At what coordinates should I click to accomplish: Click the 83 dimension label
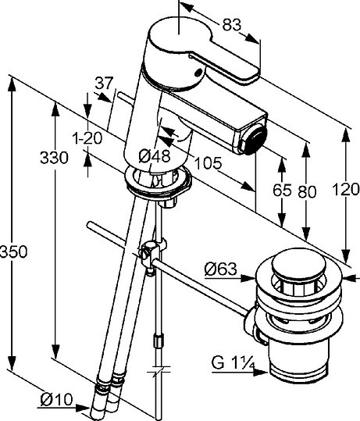(232, 25)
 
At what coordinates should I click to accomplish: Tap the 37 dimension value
(105, 83)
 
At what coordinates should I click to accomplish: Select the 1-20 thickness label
(87, 138)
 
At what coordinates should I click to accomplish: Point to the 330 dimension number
(54, 158)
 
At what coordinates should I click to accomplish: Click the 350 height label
(13, 252)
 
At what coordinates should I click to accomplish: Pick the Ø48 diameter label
(155, 156)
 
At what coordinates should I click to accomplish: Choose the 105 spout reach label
(208, 163)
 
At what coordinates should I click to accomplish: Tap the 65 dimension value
(282, 191)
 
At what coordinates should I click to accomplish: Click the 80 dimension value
(307, 191)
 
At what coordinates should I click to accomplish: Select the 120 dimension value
(346, 189)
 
